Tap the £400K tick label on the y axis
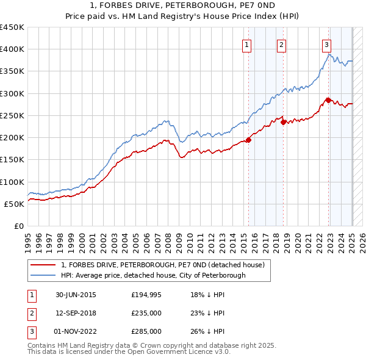12,49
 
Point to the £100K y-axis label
12,182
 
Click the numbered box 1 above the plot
246,45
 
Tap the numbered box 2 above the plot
281,45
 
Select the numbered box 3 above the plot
326,45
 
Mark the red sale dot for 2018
284,122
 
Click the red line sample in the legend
43,265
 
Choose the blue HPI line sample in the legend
43,275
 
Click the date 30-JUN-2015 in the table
76,295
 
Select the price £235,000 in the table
146,313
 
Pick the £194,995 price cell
146,295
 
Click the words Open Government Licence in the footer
173,352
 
